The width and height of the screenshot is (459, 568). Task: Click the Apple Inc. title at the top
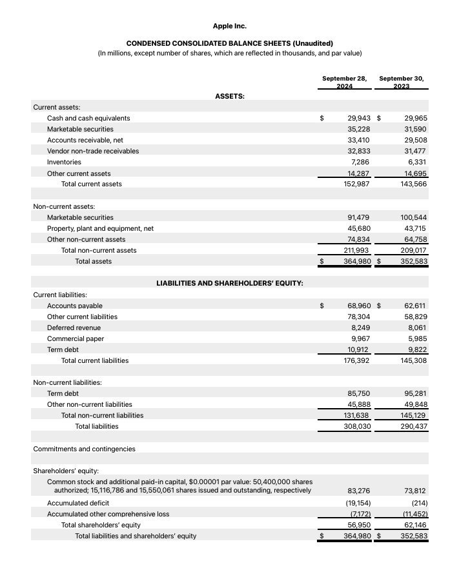point(229,26)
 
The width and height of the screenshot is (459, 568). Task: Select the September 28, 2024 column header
point(344,83)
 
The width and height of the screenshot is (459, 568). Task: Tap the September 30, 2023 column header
point(402,83)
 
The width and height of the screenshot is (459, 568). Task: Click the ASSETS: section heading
point(229,95)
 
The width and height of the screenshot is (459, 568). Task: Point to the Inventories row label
point(64,162)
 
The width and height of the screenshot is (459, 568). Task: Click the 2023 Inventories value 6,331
point(416,162)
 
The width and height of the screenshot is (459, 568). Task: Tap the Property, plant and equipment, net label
point(100,228)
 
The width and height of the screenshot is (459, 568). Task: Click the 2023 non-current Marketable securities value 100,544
point(414,217)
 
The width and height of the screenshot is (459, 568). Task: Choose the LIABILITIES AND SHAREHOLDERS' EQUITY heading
point(229,283)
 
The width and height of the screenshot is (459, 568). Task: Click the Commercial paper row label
point(76,338)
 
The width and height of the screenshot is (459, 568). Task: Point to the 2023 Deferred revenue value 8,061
point(416,328)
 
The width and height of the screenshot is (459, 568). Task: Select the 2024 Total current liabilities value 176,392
point(356,360)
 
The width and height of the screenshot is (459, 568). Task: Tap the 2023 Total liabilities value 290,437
point(414,426)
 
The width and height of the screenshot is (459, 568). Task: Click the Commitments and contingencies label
point(84,449)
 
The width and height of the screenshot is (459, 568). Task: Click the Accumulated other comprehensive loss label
point(108,514)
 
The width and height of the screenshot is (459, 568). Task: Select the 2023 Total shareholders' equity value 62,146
point(416,525)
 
